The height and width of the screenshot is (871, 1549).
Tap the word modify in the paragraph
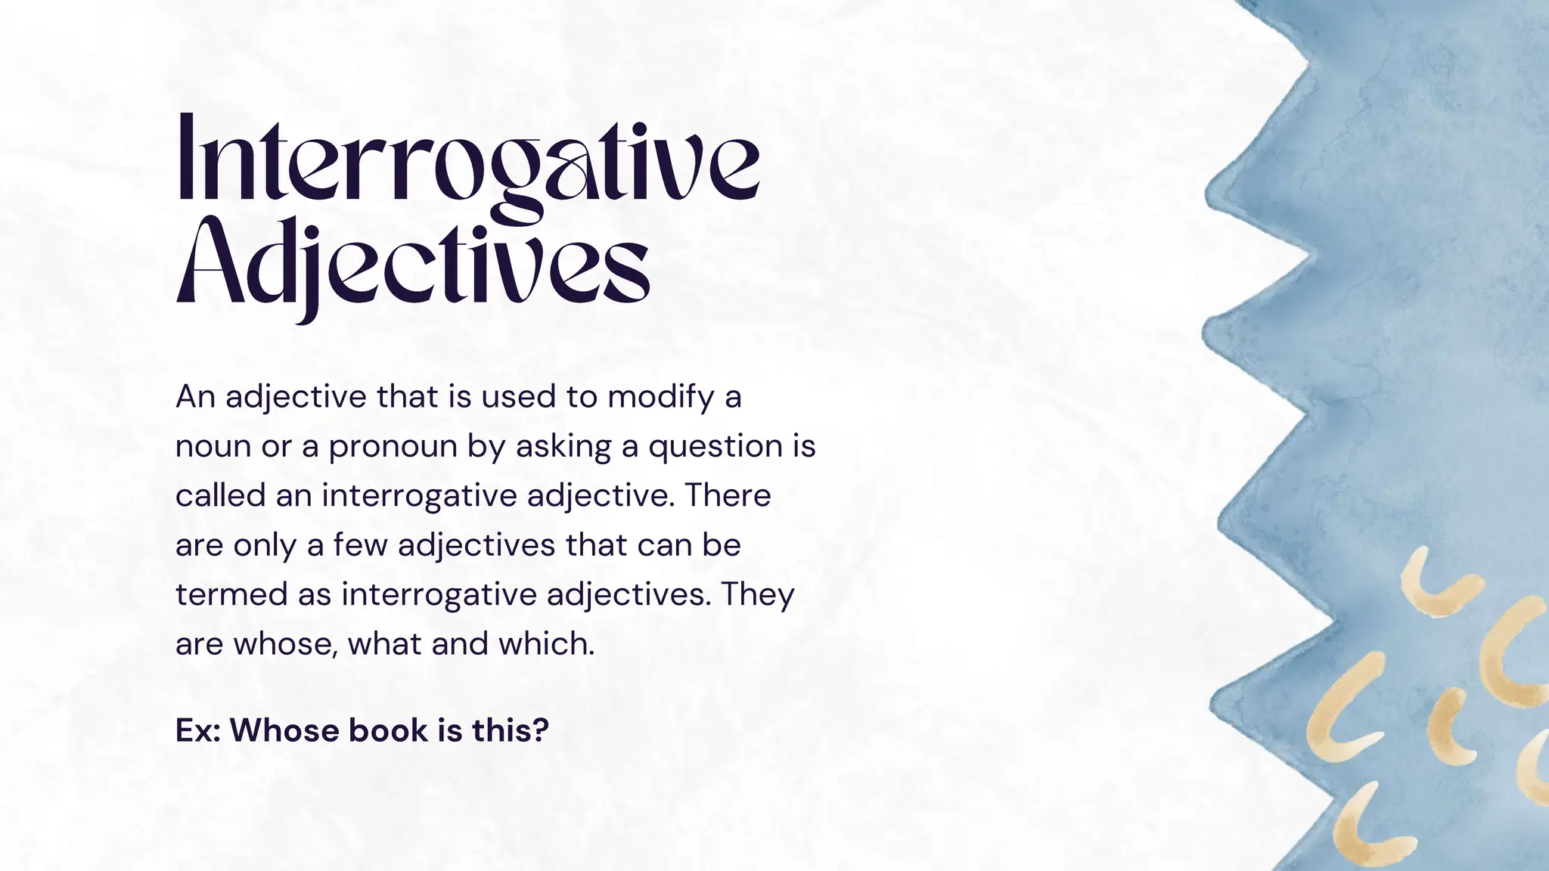coord(660,396)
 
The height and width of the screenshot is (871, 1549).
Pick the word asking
coord(563,446)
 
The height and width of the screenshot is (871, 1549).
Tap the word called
coord(219,496)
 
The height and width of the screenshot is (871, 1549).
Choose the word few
coord(361,545)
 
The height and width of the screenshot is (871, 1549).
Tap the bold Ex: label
coord(197,730)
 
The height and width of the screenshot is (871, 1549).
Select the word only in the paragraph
coord(264,545)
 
